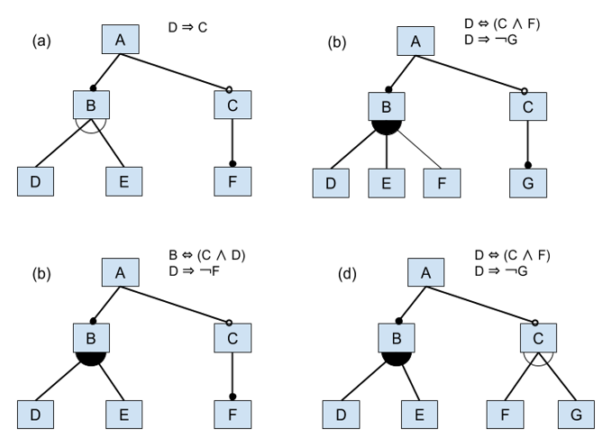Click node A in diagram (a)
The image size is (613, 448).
pyautogui.click(x=119, y=41)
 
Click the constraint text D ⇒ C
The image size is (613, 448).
pyautogui.click(x=188, y=28)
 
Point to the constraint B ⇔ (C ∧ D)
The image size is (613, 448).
pyautogui.click(x=207, y=255)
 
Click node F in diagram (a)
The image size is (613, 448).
pyautogui.click(x=232, y=181)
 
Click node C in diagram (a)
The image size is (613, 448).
pyautogui.click(x=232, y=104)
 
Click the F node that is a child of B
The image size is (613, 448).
pyautogui.click(x=442, y=183)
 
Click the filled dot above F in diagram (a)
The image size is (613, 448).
pyautogui.click(x=232, y=164)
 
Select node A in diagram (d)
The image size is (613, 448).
pyautogui.click(x=425, y=271)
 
